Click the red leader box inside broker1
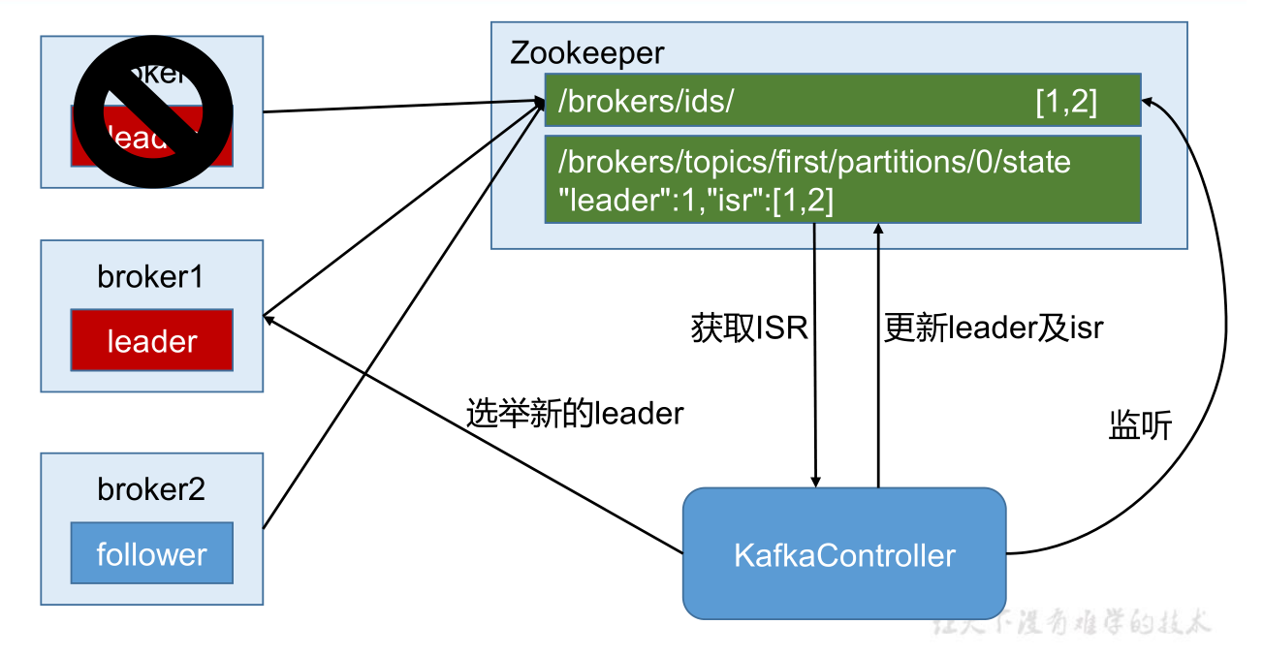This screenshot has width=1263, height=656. [152, 341]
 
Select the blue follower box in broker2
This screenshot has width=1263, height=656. [152, 554]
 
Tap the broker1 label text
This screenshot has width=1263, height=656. [151, 277]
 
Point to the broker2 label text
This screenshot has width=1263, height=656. [151, 489]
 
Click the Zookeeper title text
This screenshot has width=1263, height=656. [587, 52]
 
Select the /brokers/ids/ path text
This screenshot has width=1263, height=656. [646, 101]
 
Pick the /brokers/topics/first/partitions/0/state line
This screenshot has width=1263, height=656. [814, 161]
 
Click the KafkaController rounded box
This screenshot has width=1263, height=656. [844, 555]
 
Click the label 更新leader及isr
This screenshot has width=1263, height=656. [994, 328]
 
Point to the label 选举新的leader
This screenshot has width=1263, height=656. [575, 414]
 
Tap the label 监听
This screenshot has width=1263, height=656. [1140, 426]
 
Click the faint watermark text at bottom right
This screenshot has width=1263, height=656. [1071, 623]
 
